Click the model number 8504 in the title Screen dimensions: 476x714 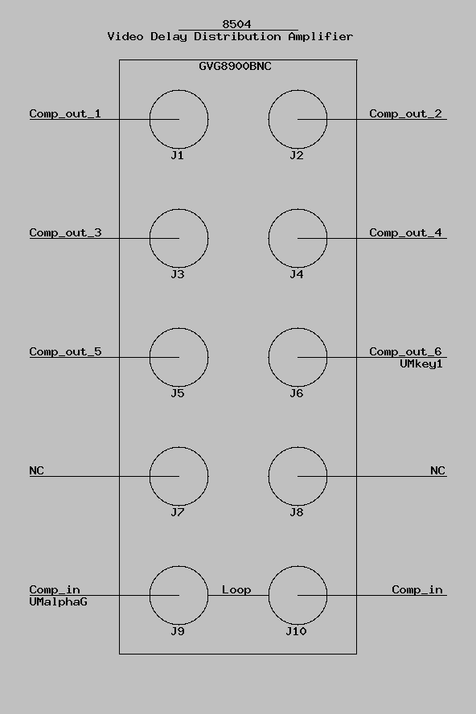click(236, 23)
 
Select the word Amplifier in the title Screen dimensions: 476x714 click(320, 36)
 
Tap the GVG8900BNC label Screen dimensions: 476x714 click(235, 66)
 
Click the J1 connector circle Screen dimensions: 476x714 click(150, 119)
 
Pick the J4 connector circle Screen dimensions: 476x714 click(269, 238)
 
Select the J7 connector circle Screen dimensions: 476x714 click(150, 476)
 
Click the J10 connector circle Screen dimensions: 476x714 click(269, 595)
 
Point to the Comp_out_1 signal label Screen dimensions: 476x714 click(65, 113)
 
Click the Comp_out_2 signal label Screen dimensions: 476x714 click(405, 113)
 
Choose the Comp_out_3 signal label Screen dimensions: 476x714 click(65, 232)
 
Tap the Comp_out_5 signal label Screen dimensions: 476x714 click(65, 351)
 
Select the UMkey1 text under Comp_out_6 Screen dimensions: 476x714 click(421, 364)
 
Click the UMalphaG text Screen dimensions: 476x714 click(58, 602)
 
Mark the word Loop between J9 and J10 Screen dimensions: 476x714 click(236, 589)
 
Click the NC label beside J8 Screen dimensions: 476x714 click(437, 470)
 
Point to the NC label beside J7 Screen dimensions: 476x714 click(36, 470)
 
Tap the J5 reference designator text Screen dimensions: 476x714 click(177, 393)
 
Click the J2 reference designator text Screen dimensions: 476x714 click(296, 155)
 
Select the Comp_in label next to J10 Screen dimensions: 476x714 click(417, 589)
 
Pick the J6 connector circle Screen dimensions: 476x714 click(269, 358)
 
